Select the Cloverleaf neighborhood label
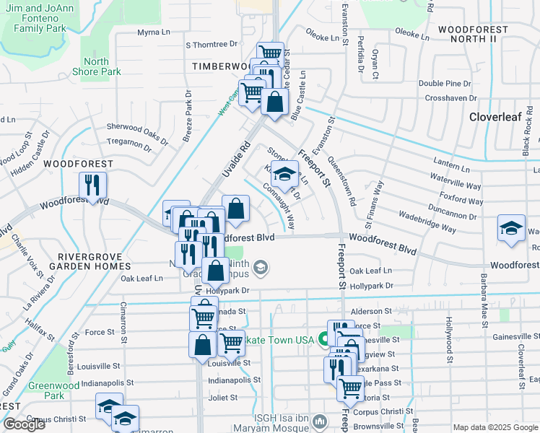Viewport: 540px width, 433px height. pos(496,116)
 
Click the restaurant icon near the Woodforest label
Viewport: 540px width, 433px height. pos(93,187)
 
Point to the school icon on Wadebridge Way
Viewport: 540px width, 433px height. pos(511,229)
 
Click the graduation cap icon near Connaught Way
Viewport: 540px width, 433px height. pos(285,174)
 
